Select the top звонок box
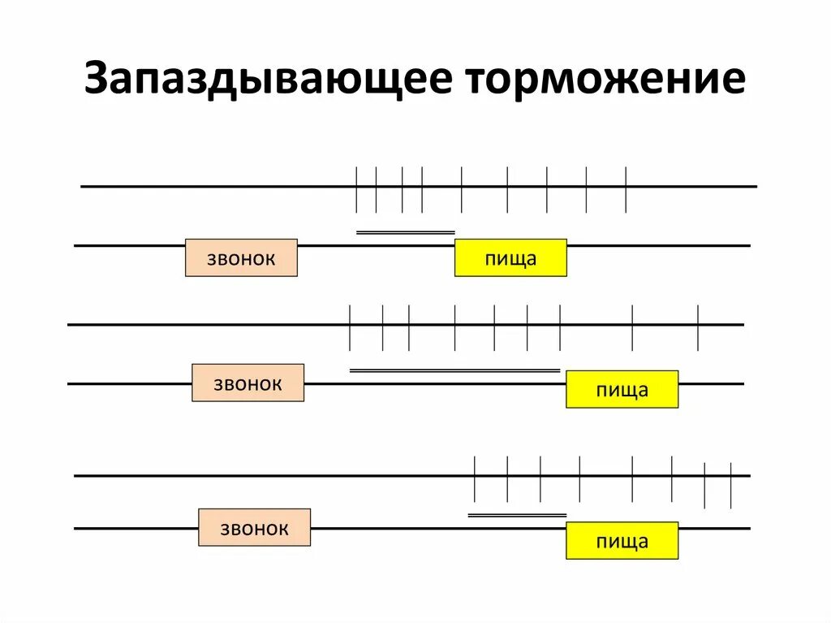(x=241, y=258)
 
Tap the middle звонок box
(x=248, y=383)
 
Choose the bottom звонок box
(x=254, y=528)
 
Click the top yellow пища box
(x=510, y=258)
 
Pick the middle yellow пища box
(x=622, y=389)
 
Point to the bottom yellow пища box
(x=622, y=541)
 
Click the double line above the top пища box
(x=406, y=232)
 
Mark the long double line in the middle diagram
(x=454, y=370)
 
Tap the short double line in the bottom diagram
(x=517, y=514)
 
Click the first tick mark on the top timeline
(x=356, y=188)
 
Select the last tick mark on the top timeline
(x=626, y=188)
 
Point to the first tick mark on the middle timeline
(x=349, y=327)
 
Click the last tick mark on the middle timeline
(x=698, y=327)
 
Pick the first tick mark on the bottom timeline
(x=475, y=478)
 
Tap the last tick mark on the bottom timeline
(x=731, y=484)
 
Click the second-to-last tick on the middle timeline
(x=632, y=327)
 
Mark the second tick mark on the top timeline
(x=376, y=188)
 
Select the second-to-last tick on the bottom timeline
(x=704, y=484)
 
